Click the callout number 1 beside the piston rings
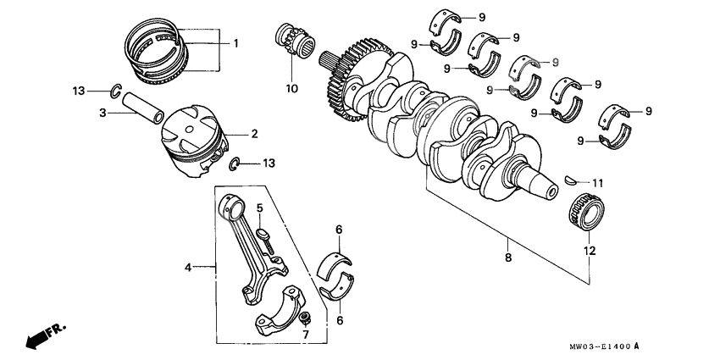point(235,42)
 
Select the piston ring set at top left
point(161,51)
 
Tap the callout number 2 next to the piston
point(252,134)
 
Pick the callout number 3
point(102,112)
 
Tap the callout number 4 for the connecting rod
point(188,268)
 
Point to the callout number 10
point(291,88)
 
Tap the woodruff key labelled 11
point(573,180)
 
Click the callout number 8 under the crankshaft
point(507,256)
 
